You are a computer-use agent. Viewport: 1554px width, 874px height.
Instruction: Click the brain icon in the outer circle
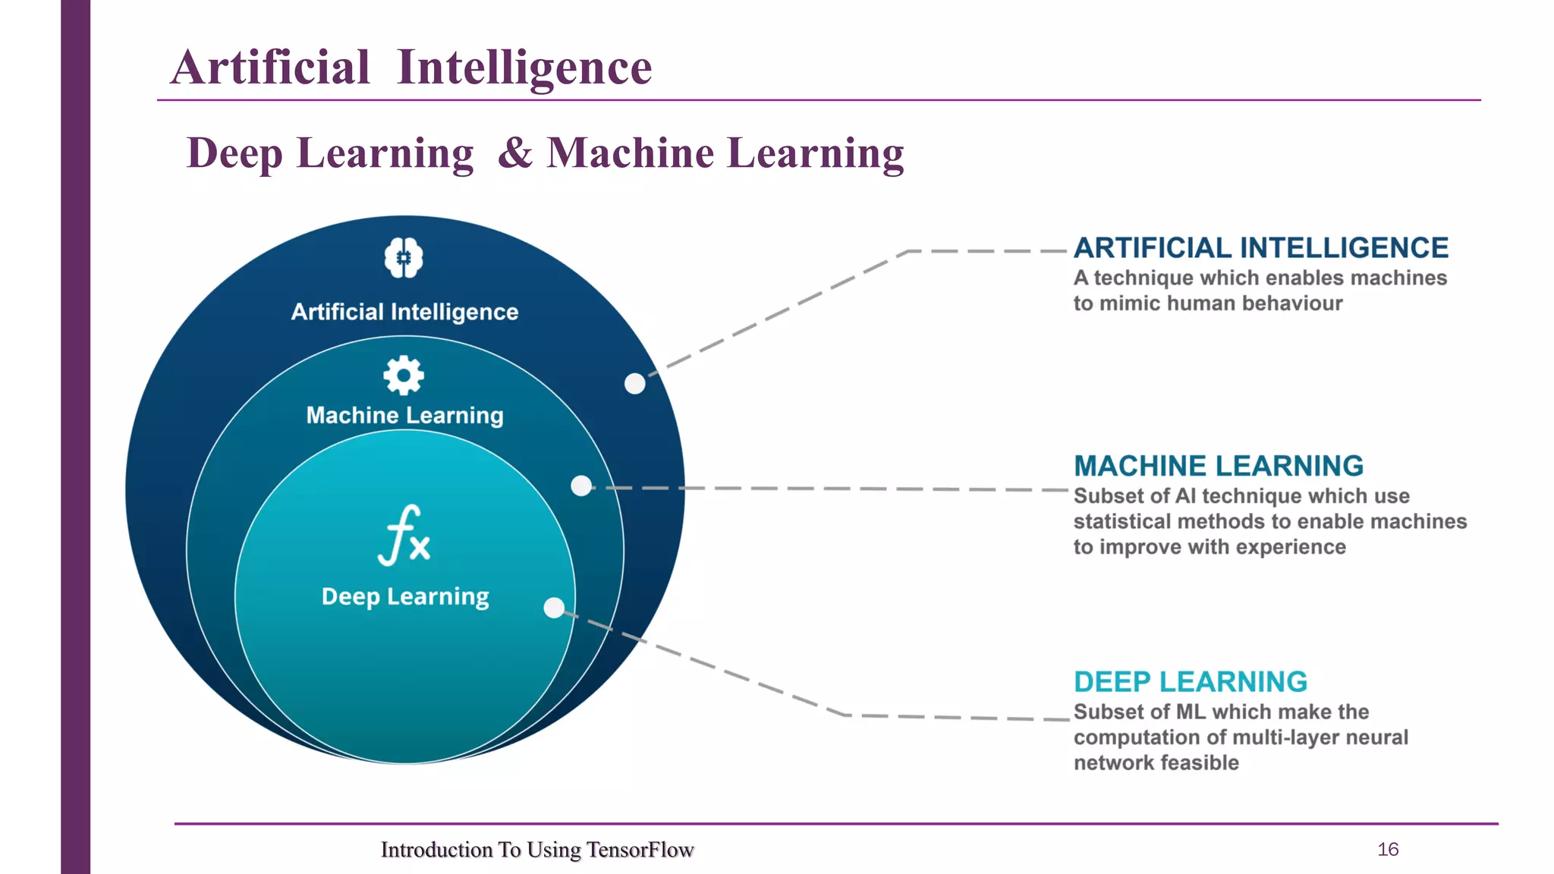coord(404,258)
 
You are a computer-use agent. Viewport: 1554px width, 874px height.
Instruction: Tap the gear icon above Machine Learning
coord(404,375)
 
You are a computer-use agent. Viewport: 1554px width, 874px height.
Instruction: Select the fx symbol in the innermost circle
coord(404,536)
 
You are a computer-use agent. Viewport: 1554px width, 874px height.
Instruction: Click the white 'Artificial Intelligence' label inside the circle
coord(404,312)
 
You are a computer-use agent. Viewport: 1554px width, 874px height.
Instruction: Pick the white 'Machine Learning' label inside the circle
coord(404,415)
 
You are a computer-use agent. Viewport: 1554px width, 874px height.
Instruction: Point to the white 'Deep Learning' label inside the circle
coord(405,596)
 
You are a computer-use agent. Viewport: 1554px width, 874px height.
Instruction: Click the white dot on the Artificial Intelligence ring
coord(634,384)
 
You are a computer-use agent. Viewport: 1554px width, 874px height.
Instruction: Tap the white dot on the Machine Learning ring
coord(581,486)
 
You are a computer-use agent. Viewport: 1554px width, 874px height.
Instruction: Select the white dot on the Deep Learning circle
coord(555,608)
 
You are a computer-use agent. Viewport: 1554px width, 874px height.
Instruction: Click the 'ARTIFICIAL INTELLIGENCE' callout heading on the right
coord(1261,248)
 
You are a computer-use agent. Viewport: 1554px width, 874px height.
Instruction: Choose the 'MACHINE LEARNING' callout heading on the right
coord(1219,466)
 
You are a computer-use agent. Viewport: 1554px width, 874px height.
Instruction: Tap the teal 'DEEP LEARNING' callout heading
coord(1191,682)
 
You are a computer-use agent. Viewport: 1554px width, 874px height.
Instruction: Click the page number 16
coord(1388,850)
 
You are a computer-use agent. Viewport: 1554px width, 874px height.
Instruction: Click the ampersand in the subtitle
coord(516,152)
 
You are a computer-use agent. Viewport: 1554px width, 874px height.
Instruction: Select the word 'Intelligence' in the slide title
coord(524,67)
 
